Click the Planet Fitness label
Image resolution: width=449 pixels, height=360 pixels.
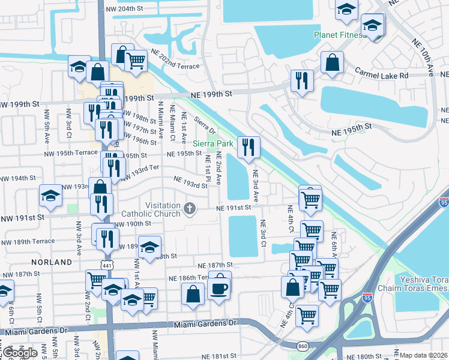click(339, 35)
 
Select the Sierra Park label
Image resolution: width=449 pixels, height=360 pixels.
click(212, 144)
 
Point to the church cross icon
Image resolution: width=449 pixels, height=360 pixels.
click(190, 209)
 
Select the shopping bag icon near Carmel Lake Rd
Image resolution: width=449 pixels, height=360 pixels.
click(331, 62)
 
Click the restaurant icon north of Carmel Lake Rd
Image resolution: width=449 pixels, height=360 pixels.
click(301, 80)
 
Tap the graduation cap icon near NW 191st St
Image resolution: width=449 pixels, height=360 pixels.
click(51, 196)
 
